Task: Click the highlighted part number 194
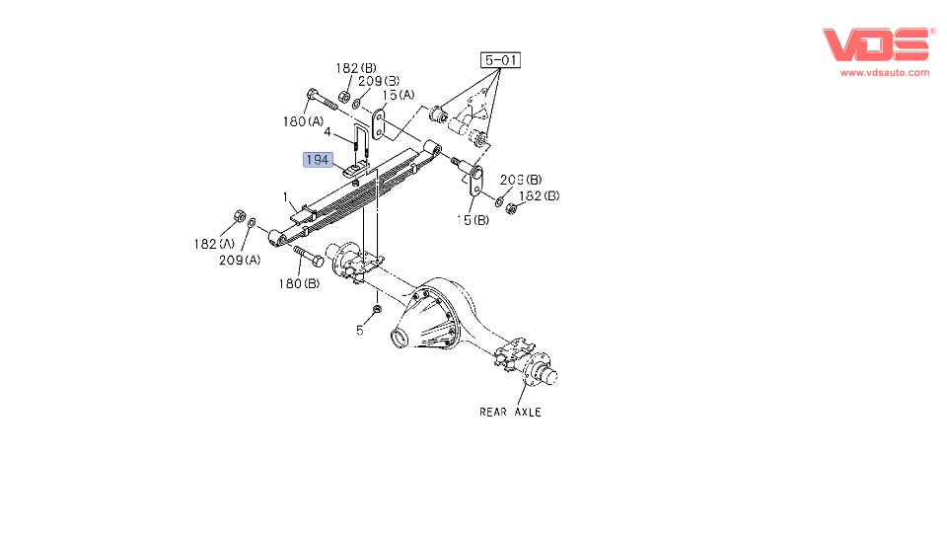point(317,160)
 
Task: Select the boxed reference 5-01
point(500,60)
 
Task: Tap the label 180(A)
point(303,121)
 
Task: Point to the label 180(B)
point(299,284)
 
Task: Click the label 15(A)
point(399,95)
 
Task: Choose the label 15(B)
point(473,219)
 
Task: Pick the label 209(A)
point(240,260)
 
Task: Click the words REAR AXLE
point(510,412)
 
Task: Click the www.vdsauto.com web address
point(885,72)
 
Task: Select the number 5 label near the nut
point(359,330)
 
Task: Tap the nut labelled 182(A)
point(238,215)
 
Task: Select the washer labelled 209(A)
point(253,223)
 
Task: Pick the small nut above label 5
point(376,311)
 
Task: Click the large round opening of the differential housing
point(400,340)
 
